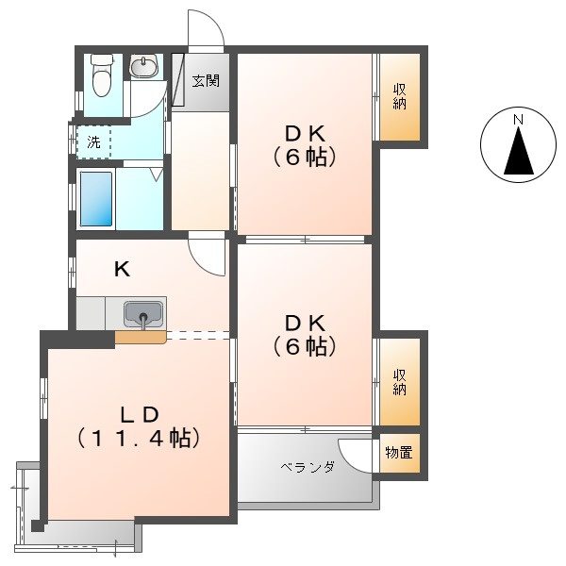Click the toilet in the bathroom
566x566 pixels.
point(102,75)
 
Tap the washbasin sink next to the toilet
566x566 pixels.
point(144,66)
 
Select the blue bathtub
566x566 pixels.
point(96,199)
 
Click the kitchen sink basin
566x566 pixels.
point(143,313)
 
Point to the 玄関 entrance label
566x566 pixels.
point(206,80)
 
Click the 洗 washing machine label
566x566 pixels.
point(93,142)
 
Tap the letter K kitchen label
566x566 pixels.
point(122,269)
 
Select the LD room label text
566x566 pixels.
point(140,415)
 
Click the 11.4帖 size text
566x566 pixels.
point(139,438)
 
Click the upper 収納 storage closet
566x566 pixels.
point(400,97)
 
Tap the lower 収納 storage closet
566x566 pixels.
point(400,382)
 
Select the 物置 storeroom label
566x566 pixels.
point(399,452)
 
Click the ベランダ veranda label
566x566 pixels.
point(308,467)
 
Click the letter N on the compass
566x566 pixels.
point(519,120)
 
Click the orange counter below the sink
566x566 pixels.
point(141,337)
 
